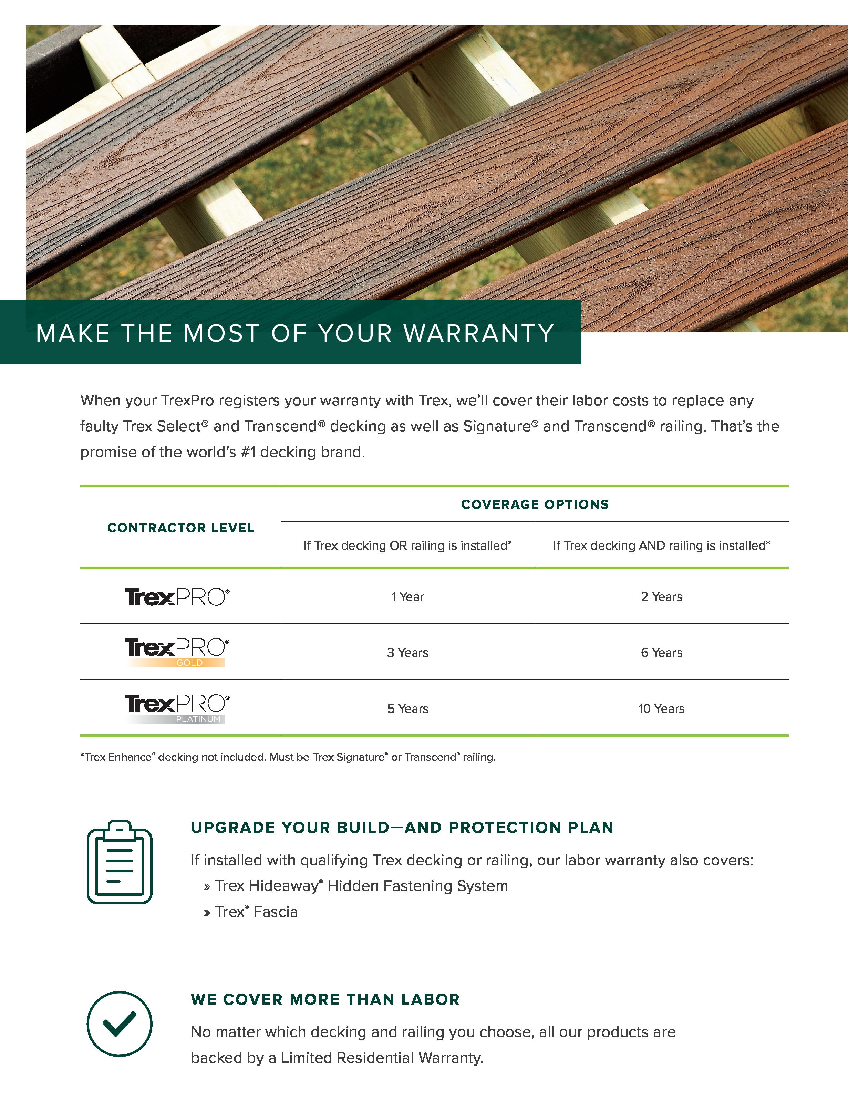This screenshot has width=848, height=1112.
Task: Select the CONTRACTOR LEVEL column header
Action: click(x=181, y=528)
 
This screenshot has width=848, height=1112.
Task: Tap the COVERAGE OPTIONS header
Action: click(x=535, y=504)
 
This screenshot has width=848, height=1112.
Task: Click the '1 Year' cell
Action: click(x=407, y=597)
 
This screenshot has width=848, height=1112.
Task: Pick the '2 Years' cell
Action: click(x=661, y=597)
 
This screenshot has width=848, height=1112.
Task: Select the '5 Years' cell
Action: click(x=407, y=708)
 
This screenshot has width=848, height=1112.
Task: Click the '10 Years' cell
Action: click(x=661, y=708)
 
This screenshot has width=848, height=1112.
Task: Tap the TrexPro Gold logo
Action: click(x=177, y=652)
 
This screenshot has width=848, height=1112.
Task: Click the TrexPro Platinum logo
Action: click(x=177, y=708)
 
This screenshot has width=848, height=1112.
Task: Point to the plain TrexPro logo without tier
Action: click(x=177, y=597)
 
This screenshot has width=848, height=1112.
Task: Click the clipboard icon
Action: click(x=120, y=862)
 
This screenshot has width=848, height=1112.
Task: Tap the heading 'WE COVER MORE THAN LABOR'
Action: click(x=325, y=999)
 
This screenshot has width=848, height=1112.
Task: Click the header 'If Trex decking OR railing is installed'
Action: click(x=407, y=545)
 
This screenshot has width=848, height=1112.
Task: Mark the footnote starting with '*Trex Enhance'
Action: click(x=288, y=757)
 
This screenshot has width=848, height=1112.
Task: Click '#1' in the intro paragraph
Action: click(x=248, y=452)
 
